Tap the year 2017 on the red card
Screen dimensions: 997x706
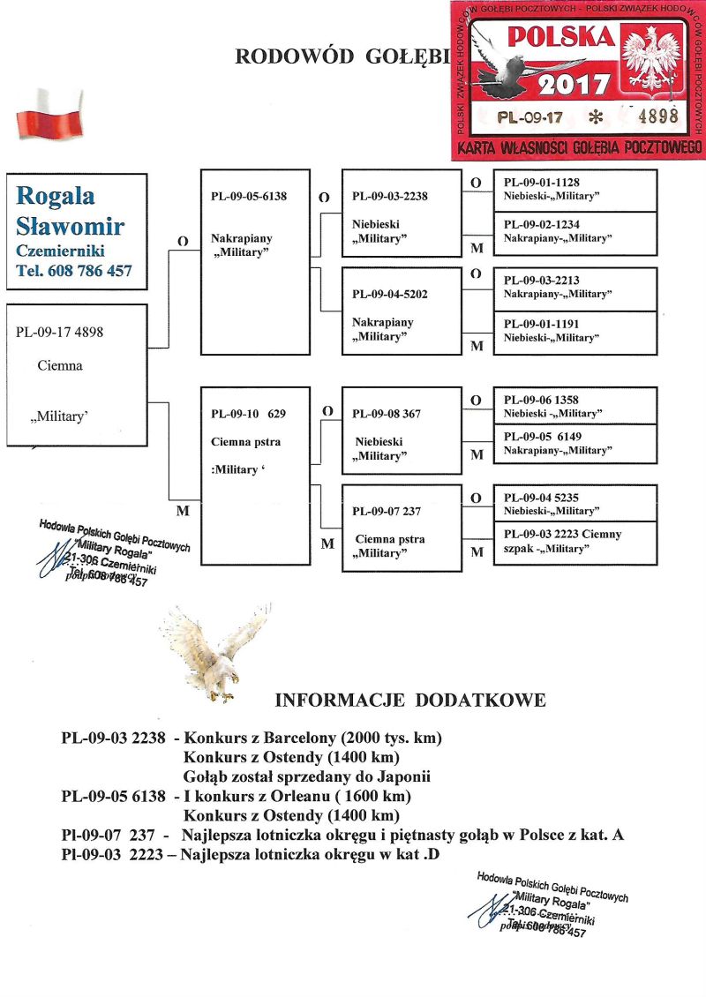coord(574,85)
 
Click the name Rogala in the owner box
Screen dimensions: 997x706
coord(56,195)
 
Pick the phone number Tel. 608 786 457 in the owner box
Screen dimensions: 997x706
coord(74,271)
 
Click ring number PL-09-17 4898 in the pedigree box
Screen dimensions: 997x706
coord(64,333)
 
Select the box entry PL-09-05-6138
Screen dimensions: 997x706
coord(248,196)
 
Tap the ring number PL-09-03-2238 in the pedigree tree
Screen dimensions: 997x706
coord(389,196)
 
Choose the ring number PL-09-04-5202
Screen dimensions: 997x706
coord(389,293)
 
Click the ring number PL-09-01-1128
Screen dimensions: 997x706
coord(541,183)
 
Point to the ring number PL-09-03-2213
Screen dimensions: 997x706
coord(541,281)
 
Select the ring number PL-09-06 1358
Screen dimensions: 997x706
coord(541,400)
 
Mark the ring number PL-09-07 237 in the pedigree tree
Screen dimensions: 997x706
coord(386,510)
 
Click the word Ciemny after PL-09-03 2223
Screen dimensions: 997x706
coord(603,534)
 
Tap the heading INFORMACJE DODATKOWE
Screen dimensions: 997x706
coord(410,701)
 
